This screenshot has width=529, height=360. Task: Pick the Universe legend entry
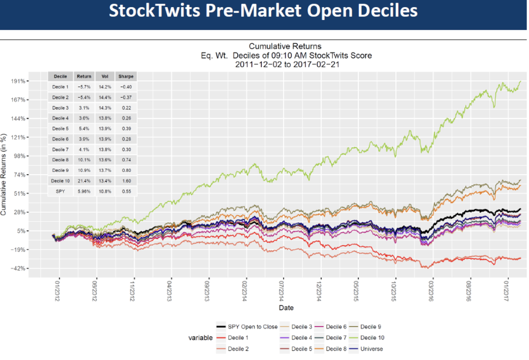coord(370,349)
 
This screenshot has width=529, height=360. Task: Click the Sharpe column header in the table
coord(126,76)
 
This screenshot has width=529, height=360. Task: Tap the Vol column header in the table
coord(105,76)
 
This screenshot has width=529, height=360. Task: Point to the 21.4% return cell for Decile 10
coord(84,181)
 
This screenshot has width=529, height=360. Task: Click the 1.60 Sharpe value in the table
coord(126,181)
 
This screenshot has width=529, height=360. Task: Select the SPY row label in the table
coord(60,191)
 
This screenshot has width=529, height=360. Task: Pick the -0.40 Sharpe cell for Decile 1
coord(126,87)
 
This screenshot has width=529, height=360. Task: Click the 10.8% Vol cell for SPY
coord(105,191)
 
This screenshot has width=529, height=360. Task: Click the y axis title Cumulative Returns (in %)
coord(5,175)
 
